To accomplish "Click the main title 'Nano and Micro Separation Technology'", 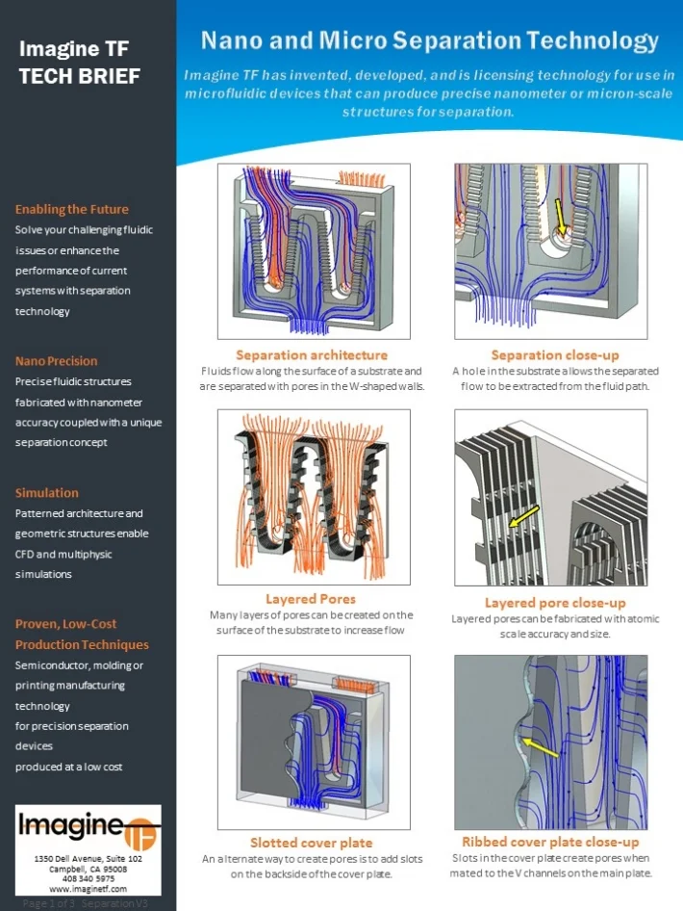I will (x=429, y=40).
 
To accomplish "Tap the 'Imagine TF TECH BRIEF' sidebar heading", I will (x=80, y=62).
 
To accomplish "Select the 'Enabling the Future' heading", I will (x=71, y=209).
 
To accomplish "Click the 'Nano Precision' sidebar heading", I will (x=56, y=361).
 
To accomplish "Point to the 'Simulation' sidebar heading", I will (x=47, y=493).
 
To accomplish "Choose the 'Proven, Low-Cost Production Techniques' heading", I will (x=82, y=634).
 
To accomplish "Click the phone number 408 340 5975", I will (x=88, y=878).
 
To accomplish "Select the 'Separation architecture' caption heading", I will (x=312, y=355).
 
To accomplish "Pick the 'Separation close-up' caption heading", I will (x=555, y=355).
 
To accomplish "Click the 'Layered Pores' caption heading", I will (x=311, y=599).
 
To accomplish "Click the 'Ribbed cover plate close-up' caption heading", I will (x=551, y=842).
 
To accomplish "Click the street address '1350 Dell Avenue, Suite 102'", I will (x=88, y=858).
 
